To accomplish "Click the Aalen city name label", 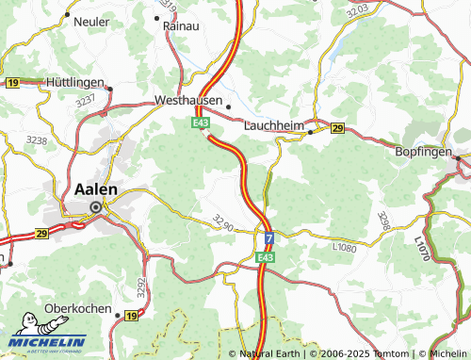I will click(95, 189).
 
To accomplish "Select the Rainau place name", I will click(180, 27).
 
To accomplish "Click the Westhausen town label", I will click(188, 100).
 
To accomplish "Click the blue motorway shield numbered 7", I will click(268, 239).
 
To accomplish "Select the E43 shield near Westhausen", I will click(200, 122).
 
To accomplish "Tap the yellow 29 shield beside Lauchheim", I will click(337, 128).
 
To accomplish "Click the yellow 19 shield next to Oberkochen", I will click(130, 315).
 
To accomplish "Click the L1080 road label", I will click(346, 247).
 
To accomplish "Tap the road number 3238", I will click(37, 139).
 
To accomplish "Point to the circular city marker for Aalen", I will click(95, 208).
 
